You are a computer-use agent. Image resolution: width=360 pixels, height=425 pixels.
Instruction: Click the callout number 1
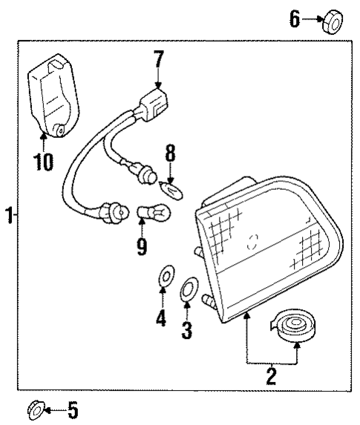(7, 216)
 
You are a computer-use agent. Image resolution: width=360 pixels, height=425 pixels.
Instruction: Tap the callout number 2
(271, 375)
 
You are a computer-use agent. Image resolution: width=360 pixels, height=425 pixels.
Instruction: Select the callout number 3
(187, 329)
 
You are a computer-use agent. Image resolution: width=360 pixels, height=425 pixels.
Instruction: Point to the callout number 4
(161, 320)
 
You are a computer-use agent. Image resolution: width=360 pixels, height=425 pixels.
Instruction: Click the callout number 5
(72, 409)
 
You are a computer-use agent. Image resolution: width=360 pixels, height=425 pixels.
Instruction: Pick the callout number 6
(295, 19)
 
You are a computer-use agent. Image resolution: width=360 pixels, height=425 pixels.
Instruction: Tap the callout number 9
(141, 245)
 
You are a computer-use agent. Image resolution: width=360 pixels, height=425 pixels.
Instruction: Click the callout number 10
(44, 161)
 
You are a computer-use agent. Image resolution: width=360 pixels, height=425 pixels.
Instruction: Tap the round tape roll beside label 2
(295, 326)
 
